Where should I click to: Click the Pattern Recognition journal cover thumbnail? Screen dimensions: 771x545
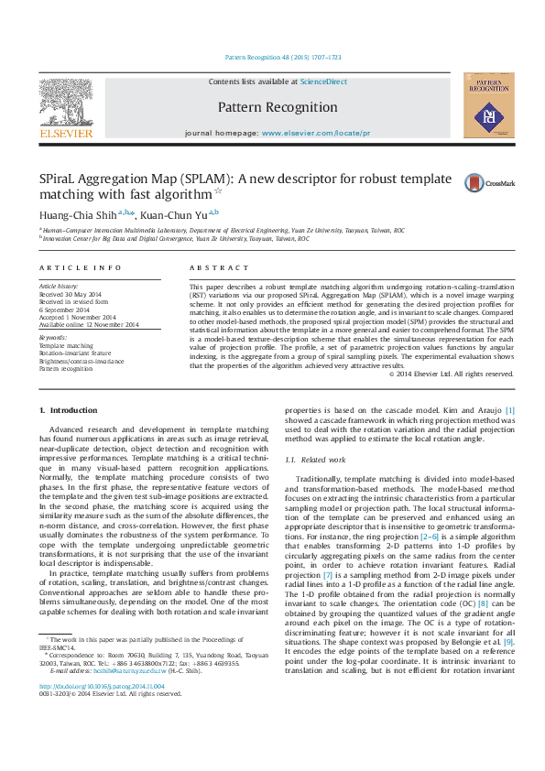487,107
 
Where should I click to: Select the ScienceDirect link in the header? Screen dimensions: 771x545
324,82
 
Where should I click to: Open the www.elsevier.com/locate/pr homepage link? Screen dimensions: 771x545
316,133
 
